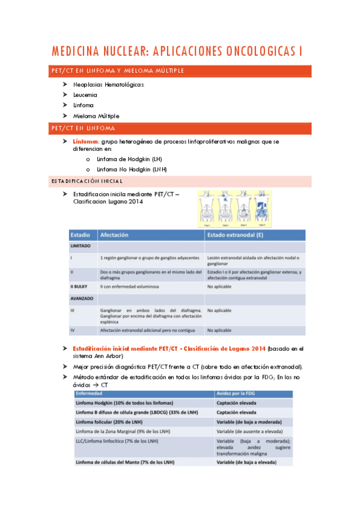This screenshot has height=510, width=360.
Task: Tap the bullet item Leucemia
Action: [x=85, y=94]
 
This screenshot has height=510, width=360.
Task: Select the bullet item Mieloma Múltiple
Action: [x=96, y=115]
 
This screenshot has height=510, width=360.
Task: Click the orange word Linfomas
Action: [x=86, y=141]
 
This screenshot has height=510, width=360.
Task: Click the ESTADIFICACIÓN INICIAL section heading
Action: [x=87, y=181]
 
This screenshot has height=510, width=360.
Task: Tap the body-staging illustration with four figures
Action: [x=234, y=209]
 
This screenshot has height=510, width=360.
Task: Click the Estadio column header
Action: [x=81, y=235]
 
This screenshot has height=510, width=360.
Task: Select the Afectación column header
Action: [x=114, y=235]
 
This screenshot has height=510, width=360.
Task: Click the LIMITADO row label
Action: [x=81, y=247]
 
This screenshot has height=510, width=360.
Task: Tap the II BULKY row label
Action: [x=80, y=287]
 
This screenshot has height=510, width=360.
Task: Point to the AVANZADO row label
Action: [x=82, y=298]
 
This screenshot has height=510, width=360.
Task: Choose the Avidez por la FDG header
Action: [x=237, y=393]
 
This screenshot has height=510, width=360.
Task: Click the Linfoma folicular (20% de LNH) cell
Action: [x=115, y=423]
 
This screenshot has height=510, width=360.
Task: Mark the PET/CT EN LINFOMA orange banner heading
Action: [x=84, y=129]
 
